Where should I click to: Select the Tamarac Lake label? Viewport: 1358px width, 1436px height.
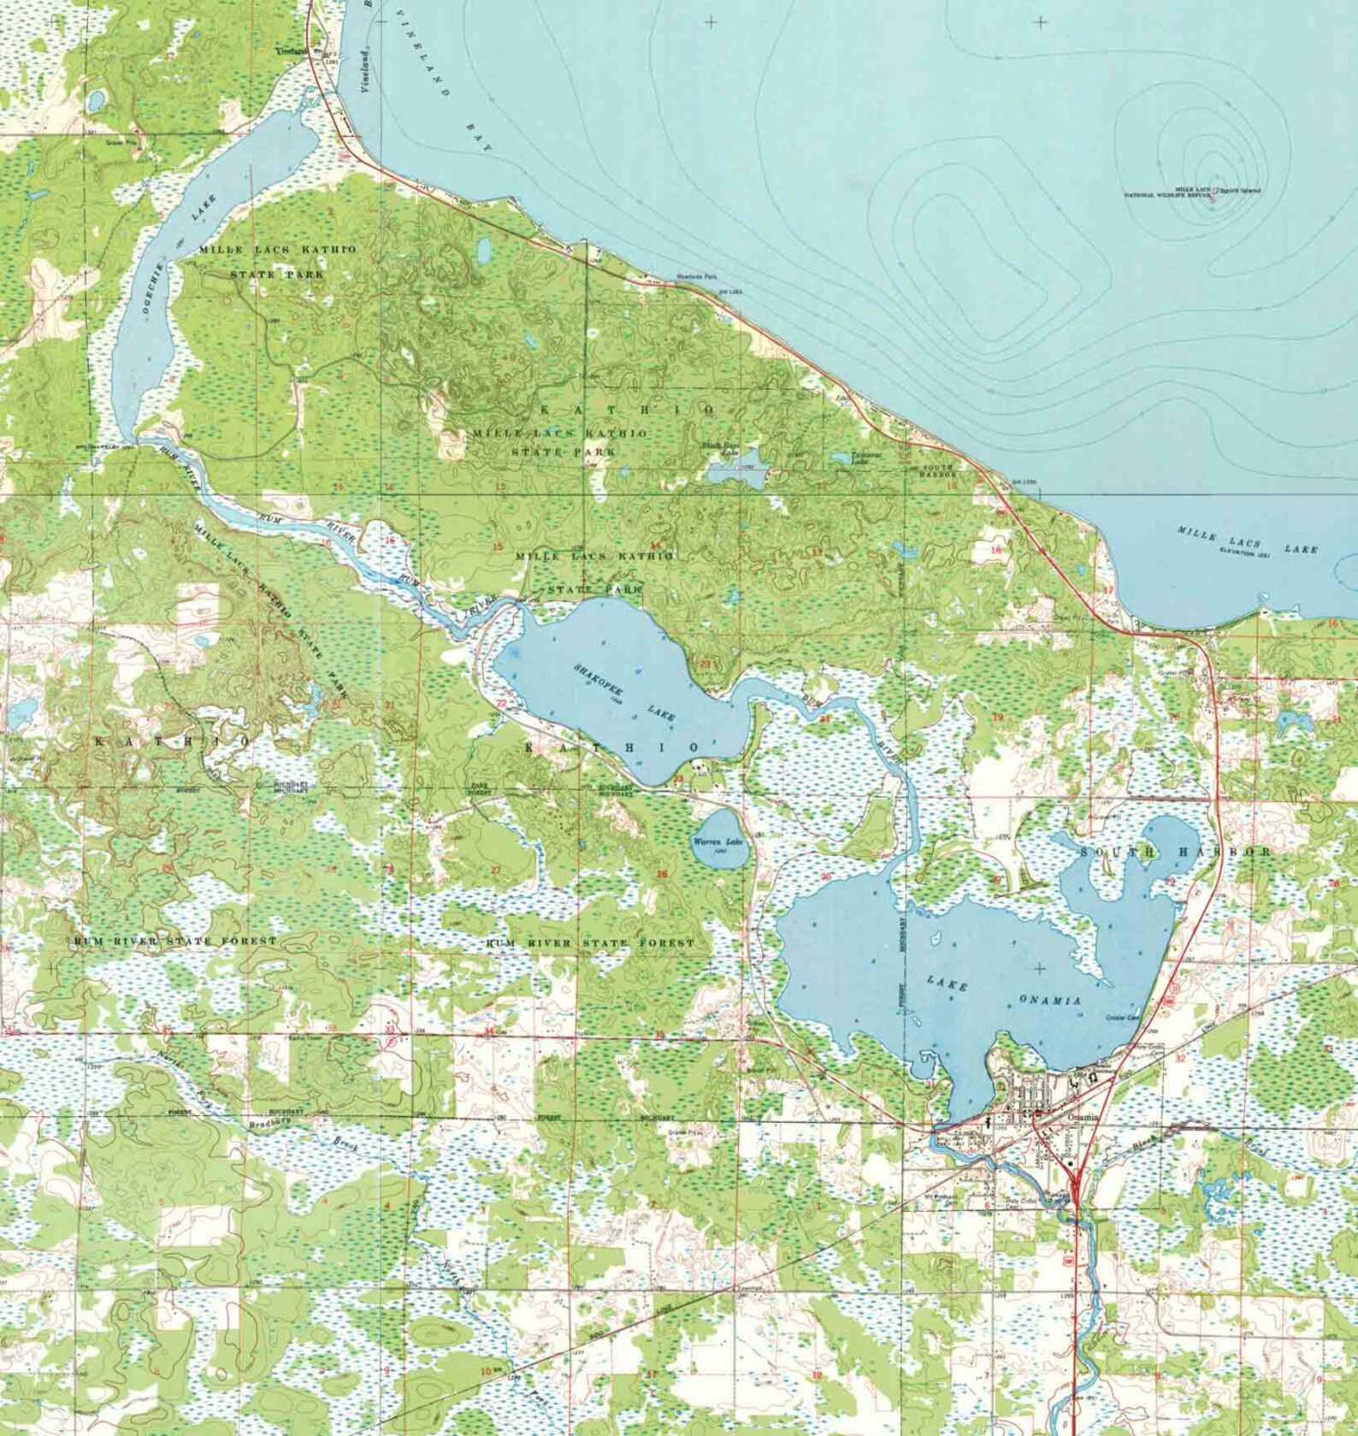coord(860,458)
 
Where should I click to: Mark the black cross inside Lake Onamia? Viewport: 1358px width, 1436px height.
coord(1040,969)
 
